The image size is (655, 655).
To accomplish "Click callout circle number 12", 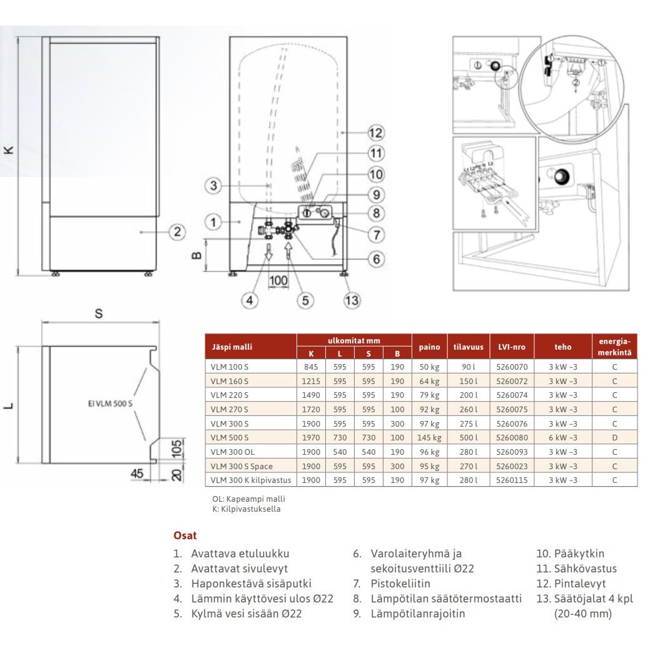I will tap(375, 133).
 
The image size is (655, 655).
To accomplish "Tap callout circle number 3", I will tap(213, 186).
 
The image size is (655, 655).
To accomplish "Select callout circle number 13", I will tap(352, 300).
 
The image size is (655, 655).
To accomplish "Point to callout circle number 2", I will tap(178, 231).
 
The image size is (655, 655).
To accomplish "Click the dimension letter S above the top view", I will tap(98, 313).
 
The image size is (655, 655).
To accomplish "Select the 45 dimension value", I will tap(136, 474).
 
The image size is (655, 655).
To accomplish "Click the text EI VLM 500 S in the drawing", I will tap(110, 404).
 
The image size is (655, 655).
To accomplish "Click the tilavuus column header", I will tap(469, 347).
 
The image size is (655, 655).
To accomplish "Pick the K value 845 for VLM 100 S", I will tap(311, 367).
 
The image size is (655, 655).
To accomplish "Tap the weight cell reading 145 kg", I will tap(429, 438).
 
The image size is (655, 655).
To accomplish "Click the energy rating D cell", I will tap(614, 438).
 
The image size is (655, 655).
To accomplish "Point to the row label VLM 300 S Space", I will tap(241, 466).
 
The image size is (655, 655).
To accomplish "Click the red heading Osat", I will tap(185, 536).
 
